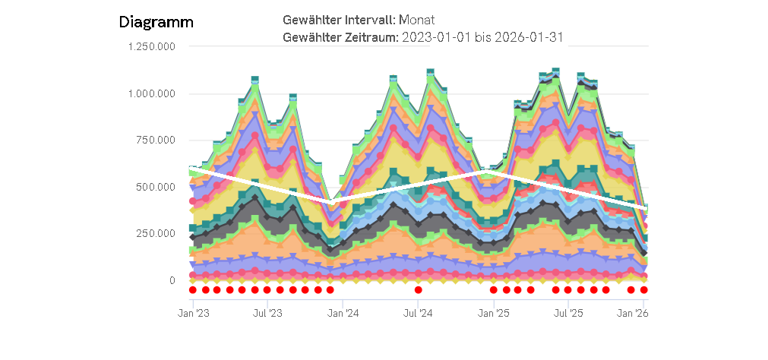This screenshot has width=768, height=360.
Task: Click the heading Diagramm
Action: [x=156, y=22]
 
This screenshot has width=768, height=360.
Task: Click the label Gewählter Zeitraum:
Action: [x=340, y=36]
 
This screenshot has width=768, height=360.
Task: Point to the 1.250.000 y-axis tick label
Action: [x=151, y=47]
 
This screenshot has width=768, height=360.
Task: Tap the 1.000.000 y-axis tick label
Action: [x=151, y=94]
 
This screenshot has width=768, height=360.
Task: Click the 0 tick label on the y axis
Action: [x=172, y=280]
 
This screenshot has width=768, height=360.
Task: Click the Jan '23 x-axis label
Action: [x=193, y=312]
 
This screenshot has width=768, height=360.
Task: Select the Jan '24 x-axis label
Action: [x=343, y=312]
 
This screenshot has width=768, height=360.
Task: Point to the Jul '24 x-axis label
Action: [x=418, y=312]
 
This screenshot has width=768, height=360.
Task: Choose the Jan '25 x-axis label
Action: [x=494, y=312]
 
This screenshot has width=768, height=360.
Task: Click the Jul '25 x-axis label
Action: [x=568, y=312]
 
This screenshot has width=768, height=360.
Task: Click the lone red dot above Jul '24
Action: [x=418, y=289]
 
